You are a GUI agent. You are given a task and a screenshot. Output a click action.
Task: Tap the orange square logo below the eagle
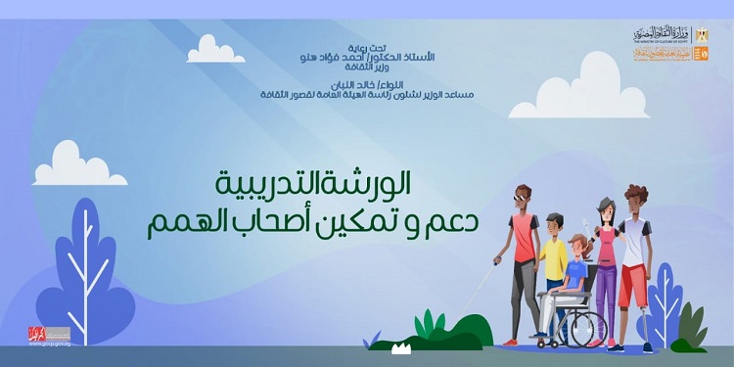[700, 55]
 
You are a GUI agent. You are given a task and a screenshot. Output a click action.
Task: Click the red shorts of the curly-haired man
[633, 286]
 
